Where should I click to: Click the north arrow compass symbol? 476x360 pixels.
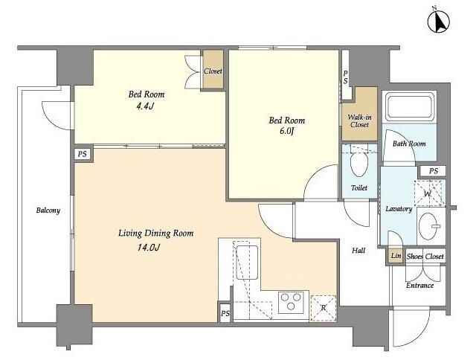click(x=438, y=22)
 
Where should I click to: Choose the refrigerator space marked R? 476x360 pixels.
click(x=324, y=308)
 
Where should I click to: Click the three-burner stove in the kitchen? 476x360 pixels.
click(x=291, y=302)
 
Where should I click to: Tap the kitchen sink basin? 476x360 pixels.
click(x=247, y=263)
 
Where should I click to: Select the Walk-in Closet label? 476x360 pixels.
click(x=359, y=120)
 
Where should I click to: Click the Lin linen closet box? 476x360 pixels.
click(x=396, y=256)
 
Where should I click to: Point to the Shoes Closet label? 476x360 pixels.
click(x=425, y=257)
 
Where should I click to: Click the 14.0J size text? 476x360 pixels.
click(x=149, y=248)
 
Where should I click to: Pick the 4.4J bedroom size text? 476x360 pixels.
click(x=146, y=106)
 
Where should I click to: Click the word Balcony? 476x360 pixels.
click(x=48, y=210)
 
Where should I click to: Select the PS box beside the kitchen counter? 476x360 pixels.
click(x=225, y=313)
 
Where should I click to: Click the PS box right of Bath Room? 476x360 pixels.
click(x=434, y=171)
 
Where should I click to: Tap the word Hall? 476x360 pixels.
click(x=358, y=251)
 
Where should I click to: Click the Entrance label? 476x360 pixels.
click(x=419, y=286)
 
